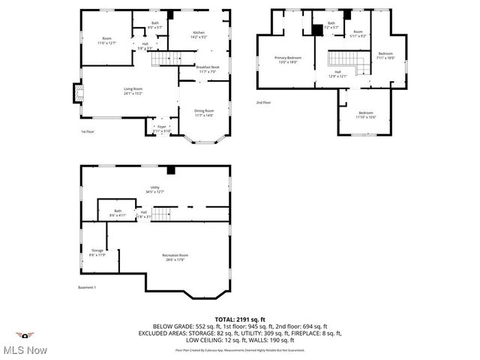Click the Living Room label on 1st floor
tap(133, 91)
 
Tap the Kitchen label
tap(199, 34)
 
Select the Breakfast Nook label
tap(208, 69)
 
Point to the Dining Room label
tap(204, 112)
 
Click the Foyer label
tap(161, 128)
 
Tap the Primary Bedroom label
tap(288, 60)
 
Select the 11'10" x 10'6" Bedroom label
tap(366, 114)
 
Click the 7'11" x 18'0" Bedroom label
tap(385, 55)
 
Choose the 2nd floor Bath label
tap(331, 25)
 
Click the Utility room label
tap(154, 190)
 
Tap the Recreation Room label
tap(175, 257)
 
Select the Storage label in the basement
tap(97, 252)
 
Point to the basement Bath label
tap(118, 213)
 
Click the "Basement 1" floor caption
tap(88, 287)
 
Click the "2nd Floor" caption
tap(264, 102)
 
